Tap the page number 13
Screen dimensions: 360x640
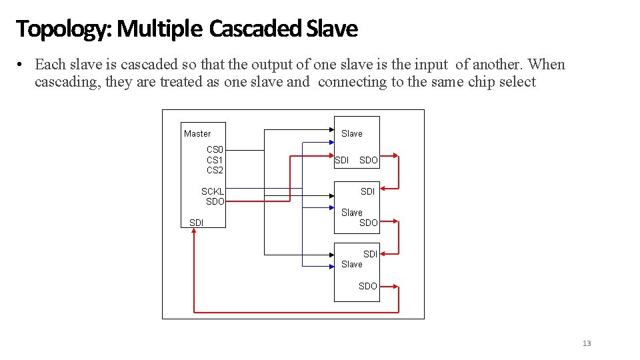[x=587, y=343]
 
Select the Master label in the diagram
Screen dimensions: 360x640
[x=197, y=133]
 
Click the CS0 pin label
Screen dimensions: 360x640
[x=215, y=150]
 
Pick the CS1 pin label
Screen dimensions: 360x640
[x=215, y=160]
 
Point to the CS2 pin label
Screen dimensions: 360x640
[x=215, y=170]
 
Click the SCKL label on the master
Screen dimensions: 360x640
[x=213, y=191]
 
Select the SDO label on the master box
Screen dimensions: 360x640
[x=215, y=201]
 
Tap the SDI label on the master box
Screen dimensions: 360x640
[x=197, y=223]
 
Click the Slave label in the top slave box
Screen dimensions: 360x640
[x=352, y=133]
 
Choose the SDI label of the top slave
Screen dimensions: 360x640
[x=341, y=160]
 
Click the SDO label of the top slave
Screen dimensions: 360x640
[x=369, y=160]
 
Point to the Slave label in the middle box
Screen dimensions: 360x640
[x=352, y=213]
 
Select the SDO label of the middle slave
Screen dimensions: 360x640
[x=369, y=223]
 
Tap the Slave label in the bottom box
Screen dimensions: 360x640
[x=352, y=264]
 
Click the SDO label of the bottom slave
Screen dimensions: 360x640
[x=368, y=286]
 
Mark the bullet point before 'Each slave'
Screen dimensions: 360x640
[x=22, y=65]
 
